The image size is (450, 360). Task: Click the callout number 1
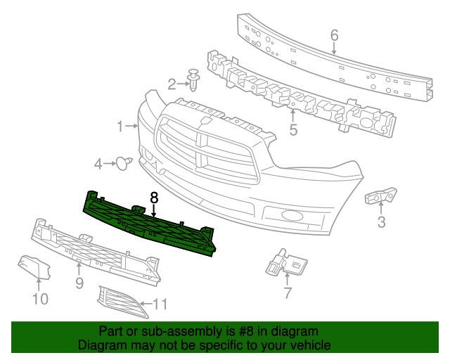click(x=120, y=127)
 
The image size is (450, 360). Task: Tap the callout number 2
click(x=172, y=85)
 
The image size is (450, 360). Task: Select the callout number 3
click(x=382, y=223)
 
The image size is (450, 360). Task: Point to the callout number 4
click(x=98, y=165)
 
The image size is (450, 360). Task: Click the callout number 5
click(x=293, y=129)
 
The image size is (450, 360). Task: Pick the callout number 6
click(x=334, y=35)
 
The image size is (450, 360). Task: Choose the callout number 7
click(x=287, y=293)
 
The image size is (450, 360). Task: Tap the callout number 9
click(x=79, y=283)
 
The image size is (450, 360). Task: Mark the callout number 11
click(x=160, y=304)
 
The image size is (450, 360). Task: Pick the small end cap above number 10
click(x=34, y=267)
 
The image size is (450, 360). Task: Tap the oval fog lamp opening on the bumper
click(x=288, y=216)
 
